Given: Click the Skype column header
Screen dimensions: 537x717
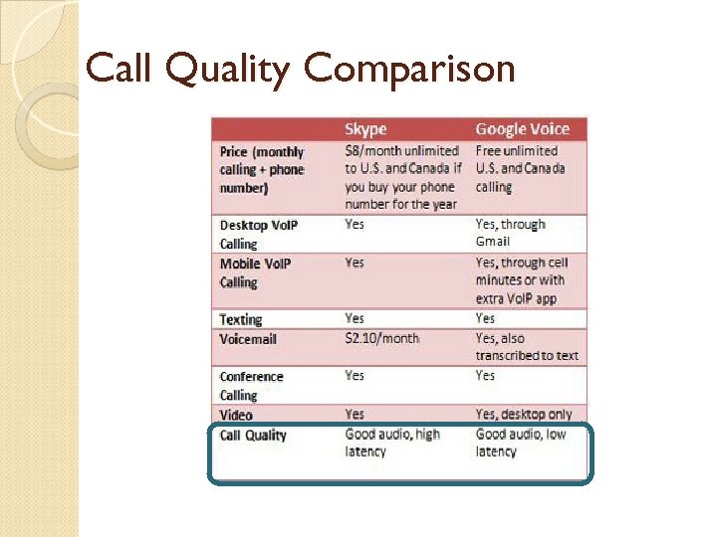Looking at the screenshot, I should [365, 129].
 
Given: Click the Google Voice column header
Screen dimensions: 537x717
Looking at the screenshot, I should [522, 129].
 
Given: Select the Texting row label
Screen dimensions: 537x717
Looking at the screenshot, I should [241, 319].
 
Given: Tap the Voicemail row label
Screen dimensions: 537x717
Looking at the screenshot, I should [248, 339].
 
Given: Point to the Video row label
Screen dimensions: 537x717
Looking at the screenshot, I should [236, 415].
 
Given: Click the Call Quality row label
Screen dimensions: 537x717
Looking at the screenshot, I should [253, 435].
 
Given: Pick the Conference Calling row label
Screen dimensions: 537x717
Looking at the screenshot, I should [251, 386].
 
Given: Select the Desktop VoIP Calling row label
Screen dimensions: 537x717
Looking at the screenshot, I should [258, 234].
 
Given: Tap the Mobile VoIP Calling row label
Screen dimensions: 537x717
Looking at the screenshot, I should [254, 272].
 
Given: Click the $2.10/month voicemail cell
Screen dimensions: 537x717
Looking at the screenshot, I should [381, 338].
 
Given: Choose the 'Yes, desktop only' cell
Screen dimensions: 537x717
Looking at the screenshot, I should [524, 414].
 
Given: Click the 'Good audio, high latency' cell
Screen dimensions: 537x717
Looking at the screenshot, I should [391, 443].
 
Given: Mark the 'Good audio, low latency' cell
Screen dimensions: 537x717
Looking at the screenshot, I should [520, 443].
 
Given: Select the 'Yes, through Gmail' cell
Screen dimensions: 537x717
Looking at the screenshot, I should [510, 233].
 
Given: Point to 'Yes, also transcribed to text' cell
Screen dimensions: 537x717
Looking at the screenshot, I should [526, 346].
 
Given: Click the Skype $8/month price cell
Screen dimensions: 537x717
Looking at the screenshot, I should [400, 177].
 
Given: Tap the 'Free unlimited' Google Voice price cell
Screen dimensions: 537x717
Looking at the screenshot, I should [520, 168].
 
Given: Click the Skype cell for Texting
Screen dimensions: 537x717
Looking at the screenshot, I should [355, 318].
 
